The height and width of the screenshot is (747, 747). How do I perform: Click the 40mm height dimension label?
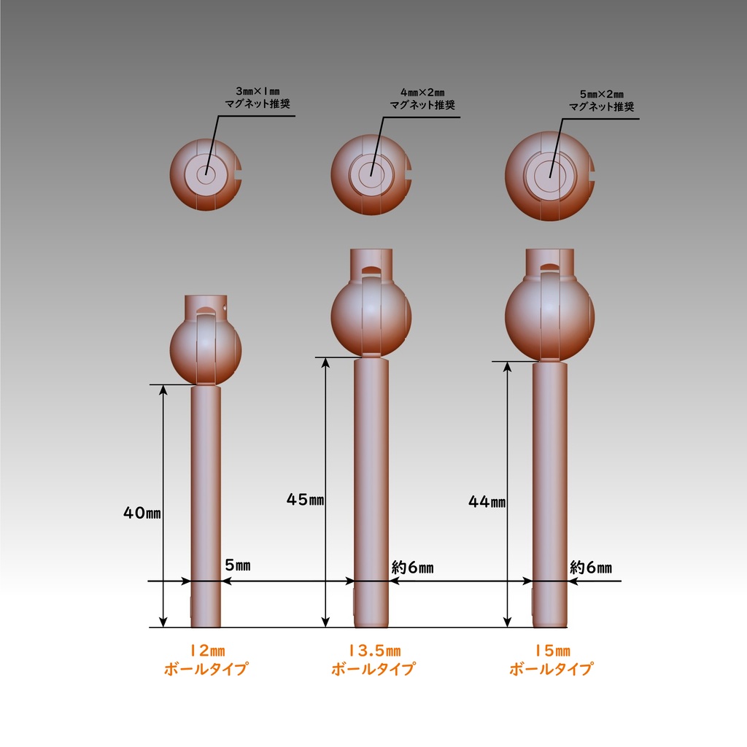142,513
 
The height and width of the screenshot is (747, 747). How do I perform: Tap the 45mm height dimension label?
306,499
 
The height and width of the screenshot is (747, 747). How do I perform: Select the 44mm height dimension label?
487,501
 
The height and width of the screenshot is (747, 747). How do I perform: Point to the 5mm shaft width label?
238,565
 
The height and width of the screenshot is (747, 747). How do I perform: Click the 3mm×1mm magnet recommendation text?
258,98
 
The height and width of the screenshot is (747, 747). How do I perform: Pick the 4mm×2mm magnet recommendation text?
422,99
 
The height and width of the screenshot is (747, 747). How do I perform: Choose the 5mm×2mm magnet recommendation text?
602,101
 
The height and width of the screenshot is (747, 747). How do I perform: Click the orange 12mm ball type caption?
206,659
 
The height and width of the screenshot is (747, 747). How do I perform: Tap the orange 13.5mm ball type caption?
373,659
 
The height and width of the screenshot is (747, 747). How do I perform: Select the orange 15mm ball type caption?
551,659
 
